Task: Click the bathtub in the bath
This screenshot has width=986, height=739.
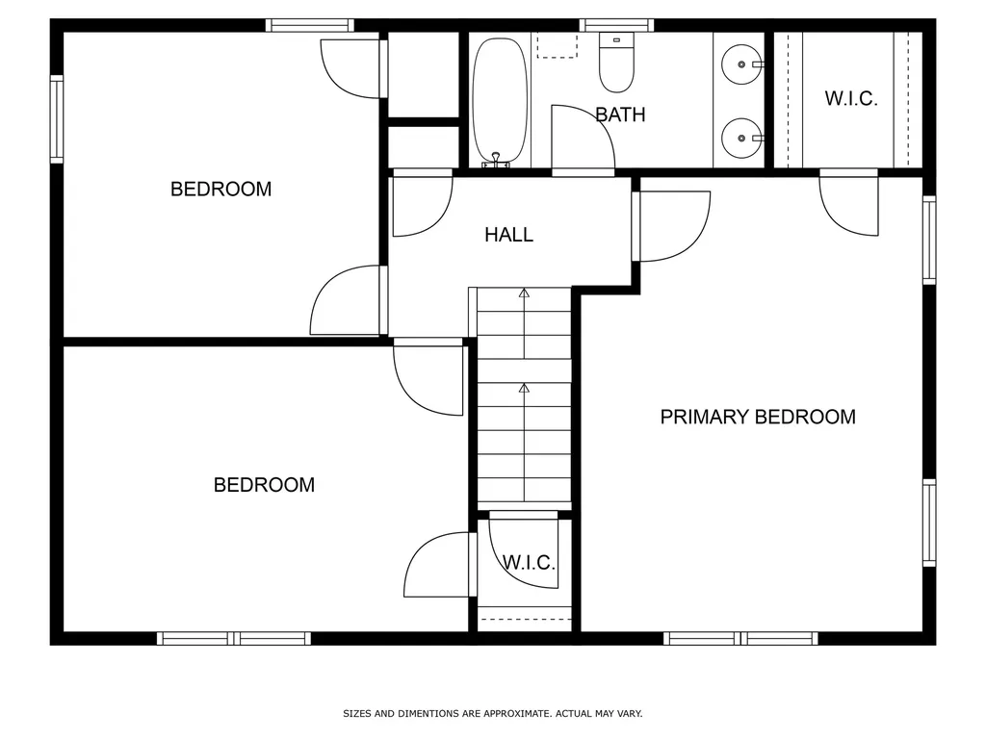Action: (x=500, y=100)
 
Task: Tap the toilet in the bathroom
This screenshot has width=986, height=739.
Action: (x=615, y=63)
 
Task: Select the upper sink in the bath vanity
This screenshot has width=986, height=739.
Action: (x=741, y=64)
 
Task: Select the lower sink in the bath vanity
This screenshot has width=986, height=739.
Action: (x=741, y=138)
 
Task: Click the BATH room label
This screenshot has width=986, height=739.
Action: (x=620, y=115)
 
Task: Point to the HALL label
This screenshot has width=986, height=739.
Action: (x=508, y=235)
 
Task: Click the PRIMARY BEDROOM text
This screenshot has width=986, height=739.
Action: (x=758, y=417)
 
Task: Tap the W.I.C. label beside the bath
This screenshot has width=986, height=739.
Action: (x=851, y=98)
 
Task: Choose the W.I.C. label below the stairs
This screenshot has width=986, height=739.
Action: (x=529, y=562)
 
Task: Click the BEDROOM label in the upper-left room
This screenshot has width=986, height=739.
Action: (x=221, y=189)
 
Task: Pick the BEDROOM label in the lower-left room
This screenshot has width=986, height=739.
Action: (x=264, y=485)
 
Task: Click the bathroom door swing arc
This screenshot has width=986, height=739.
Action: (x=583, y=140)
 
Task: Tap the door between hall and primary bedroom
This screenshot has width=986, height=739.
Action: (x=672, y=226)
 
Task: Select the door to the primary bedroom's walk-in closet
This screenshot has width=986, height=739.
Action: (x=848, y=205)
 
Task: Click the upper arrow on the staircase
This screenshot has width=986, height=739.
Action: (x=524, y=293)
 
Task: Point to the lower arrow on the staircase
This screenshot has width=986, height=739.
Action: (x=524, y=389)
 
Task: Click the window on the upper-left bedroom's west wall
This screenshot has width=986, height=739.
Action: (x=57, y=119)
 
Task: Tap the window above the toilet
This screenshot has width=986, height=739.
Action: (x=616, y=25)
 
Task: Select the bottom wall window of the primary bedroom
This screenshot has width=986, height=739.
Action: (x=739, y=638)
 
